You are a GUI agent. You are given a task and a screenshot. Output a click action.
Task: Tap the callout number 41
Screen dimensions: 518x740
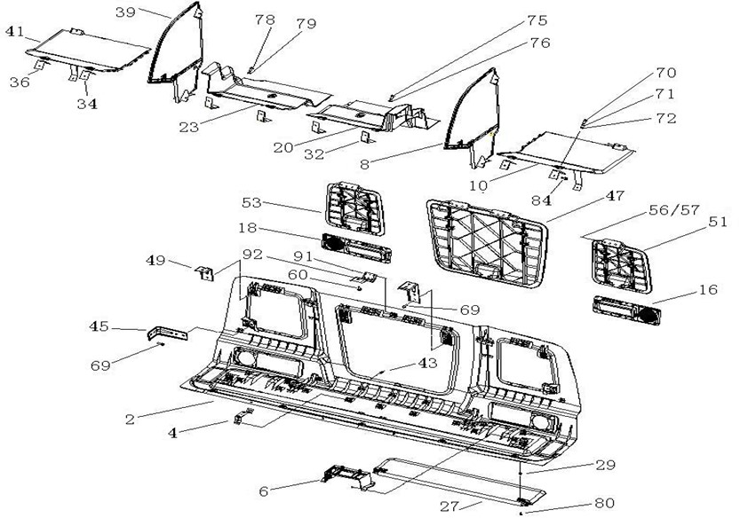15,31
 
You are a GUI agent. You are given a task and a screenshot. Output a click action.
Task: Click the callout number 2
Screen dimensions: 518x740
131,418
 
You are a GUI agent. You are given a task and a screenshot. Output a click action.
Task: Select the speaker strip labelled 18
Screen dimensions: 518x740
353,248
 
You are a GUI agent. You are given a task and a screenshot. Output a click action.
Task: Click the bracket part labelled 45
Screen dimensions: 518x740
168,333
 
